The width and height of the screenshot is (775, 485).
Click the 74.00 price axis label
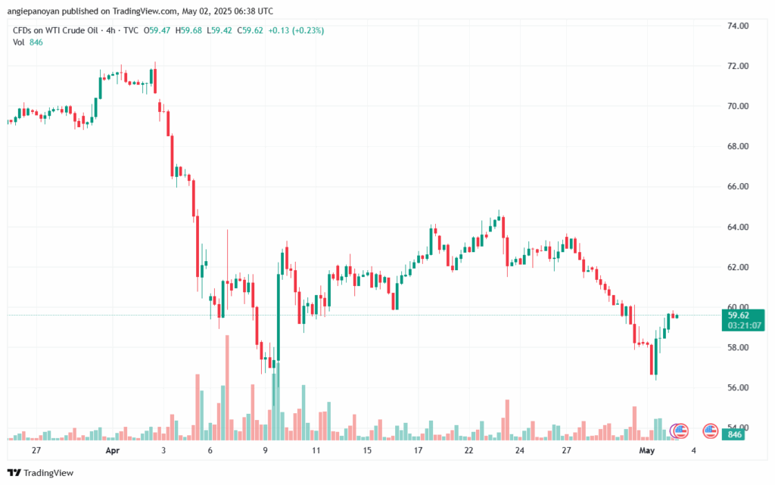(x=737, y=26)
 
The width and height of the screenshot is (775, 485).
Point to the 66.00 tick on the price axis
(x=737, y=187)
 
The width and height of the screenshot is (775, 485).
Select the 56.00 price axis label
(x=737, y=387)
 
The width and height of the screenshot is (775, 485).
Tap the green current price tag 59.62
(x=738, y=316)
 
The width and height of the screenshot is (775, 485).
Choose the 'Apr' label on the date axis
(x=113, y=450)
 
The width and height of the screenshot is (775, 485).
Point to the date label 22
(x=468, y=450)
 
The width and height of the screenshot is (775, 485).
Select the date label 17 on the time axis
(x=418, y=450)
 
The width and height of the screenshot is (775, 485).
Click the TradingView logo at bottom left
(x=42, y=473)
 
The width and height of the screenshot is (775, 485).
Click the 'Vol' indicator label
(x=19, y=42)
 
